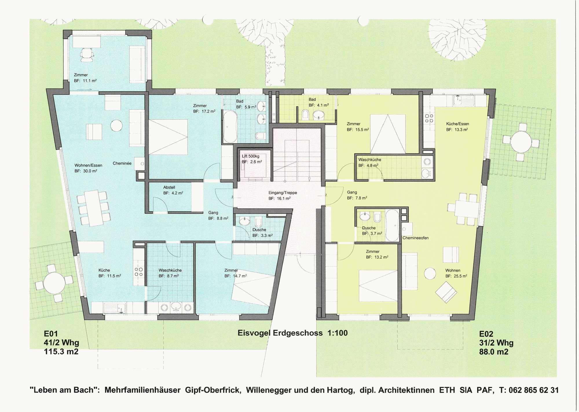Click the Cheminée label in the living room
pos(122,163)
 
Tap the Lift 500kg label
pos(251,156)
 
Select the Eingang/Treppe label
pos(283,193)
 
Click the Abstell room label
pos(169,187)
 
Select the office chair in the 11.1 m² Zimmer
pos(87,55)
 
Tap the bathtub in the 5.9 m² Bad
pos(230,127)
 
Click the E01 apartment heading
pos(51,334)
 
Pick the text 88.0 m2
pos(494,352)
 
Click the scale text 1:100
pos(338,333)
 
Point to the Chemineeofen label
pos(415,238)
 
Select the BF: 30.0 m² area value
pos(86,171)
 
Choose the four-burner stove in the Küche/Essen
pos(429,118)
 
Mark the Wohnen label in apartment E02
pos(453,271)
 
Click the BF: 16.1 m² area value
pos(279,198)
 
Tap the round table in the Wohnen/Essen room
pos(116,126)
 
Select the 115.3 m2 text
pos(61,352)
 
